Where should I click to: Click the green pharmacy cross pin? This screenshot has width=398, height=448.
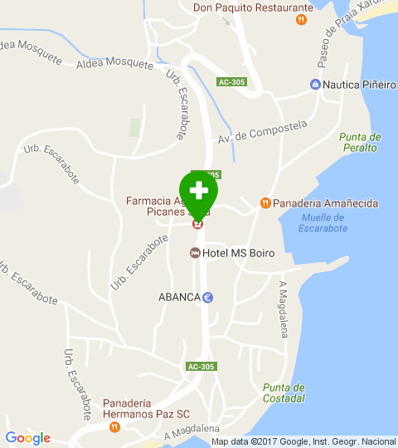(x=198, y=191)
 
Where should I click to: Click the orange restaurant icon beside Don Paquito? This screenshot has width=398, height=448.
(x=303, y=19)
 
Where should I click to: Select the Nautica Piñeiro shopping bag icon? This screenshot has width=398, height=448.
(x=315, y=85)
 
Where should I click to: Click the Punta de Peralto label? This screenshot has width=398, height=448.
(x=359, y=142)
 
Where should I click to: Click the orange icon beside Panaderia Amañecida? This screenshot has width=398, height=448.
(x=265, y=202)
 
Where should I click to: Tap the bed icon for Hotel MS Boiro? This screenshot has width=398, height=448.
(x=196, y=253)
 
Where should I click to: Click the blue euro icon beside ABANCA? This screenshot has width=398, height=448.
(x=208, y=298)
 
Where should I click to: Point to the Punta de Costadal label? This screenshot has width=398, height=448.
(x=284, y=392)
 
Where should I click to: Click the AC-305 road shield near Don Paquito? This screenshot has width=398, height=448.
(x=232, y=82)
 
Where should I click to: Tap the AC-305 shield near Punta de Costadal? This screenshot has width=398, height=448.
(x=201, y=366)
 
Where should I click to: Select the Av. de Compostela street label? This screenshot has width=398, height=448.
(x=263, y=132)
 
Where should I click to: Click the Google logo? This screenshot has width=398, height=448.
(x=27, y=438)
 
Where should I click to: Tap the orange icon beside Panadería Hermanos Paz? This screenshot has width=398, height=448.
(x=114, y=426)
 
